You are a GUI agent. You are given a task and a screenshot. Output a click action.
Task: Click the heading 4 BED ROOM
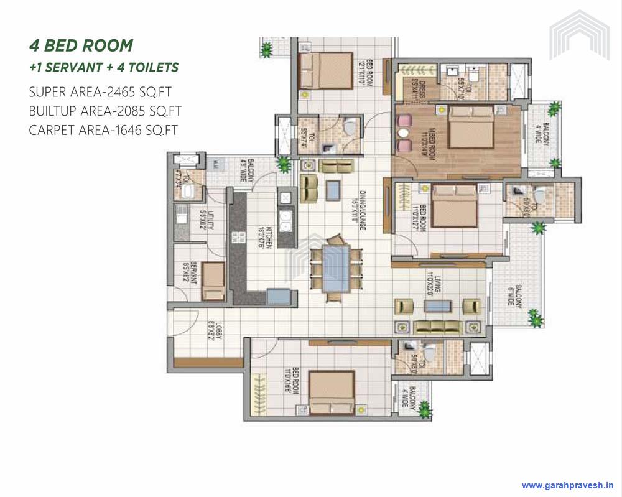[81, 45]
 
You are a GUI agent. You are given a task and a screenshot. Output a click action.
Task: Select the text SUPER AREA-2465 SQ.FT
[100, 92]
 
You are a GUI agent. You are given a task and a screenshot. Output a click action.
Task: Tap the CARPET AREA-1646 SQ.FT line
[103, 130]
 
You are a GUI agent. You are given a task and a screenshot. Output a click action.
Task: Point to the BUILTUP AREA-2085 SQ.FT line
[105, 111]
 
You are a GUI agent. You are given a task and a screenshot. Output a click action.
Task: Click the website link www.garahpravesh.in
[568, 485]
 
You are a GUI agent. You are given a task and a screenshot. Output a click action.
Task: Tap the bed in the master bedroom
[471, 128]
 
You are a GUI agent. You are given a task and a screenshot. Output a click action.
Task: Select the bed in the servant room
[213, 281]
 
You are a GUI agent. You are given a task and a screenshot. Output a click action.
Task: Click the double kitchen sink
[287, 220]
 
